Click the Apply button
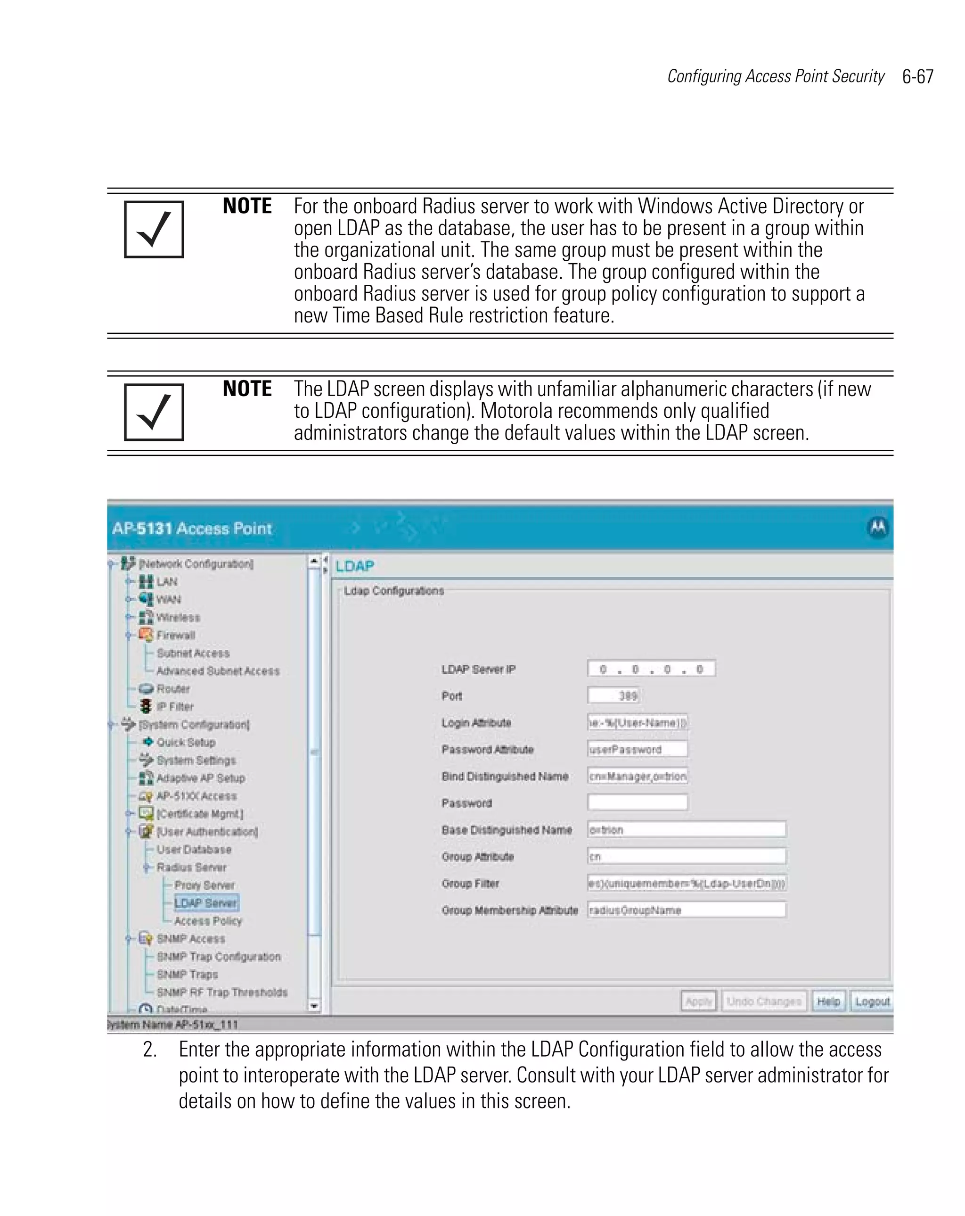pyautogui.click(x=698, y=1001)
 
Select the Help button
pyautogui.click(x=827, y=1001)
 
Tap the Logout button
pyautogui.click(x=871, y=1001)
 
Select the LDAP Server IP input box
pyautogui.click(x=650, y=669)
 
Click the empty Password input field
pyautogui.click(x=637, y=802)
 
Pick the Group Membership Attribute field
pyautogui.click(x=686, y=910)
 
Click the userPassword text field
pyautogui.click(x=637, y=749)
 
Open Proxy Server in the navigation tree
pyautogui.click(x=204, y=885)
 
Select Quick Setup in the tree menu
pyautogui.click(x=186, y=742)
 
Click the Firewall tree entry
pyautogui.click(x=175, y=635)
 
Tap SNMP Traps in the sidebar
pyautogui.click(x=187, y=975)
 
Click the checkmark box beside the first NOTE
pyautogui.click(x=154, y=229)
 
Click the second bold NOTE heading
pyautogui.click(x=247, y=389)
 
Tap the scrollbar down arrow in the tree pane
pyautogui.click(x=314, y=1006)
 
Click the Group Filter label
pyautogui.click(x=470, y=883)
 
